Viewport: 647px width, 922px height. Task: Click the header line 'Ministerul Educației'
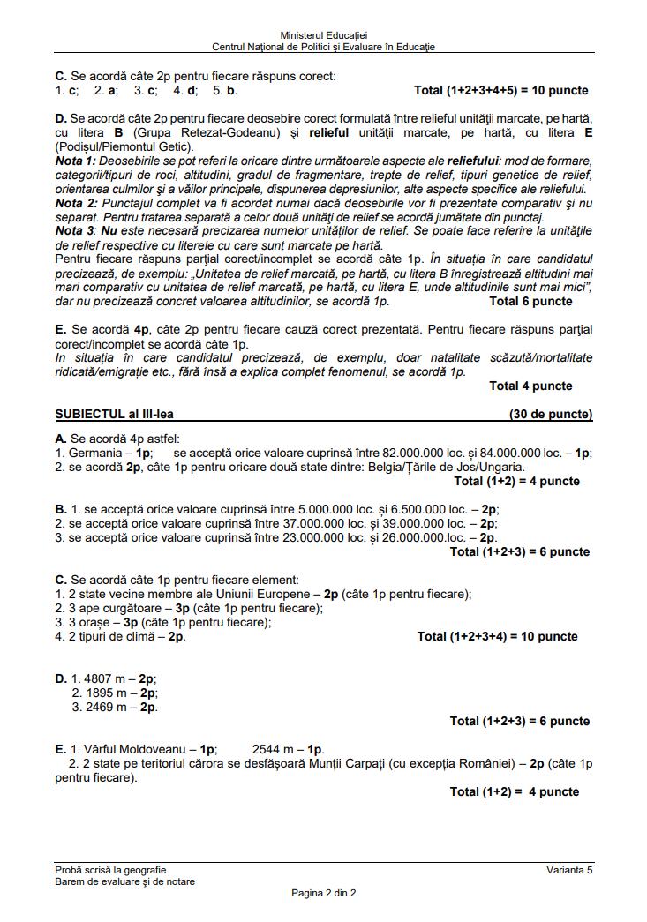pos(323,34)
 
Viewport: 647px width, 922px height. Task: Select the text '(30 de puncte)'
pos(551,414)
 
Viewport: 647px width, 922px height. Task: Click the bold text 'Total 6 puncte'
pos(530,302)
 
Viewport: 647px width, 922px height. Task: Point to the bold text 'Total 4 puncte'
pos(530,386)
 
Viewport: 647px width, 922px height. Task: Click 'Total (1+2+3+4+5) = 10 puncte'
pos(500,91)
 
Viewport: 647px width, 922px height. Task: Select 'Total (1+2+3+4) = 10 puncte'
pos(497,637)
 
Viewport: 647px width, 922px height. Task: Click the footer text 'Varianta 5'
pos(569,870)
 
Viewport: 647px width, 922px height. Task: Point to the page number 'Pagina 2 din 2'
pos(323,893)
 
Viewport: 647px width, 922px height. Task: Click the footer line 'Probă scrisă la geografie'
pos(110,870)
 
